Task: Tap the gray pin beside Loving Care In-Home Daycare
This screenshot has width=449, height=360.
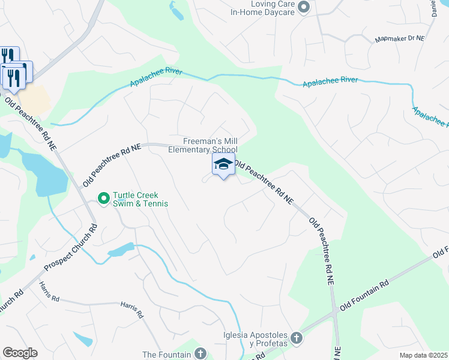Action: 304,7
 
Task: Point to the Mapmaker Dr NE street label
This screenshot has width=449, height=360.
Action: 399,38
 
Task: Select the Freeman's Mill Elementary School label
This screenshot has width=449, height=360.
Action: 203,145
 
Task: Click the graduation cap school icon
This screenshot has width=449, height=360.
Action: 223,164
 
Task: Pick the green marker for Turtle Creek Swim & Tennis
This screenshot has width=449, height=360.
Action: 103,197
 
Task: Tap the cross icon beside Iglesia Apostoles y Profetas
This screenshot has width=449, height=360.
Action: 295,339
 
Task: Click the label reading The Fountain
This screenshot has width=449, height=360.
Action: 166,355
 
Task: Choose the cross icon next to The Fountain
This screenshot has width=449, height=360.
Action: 200,354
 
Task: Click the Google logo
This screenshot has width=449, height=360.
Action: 20,353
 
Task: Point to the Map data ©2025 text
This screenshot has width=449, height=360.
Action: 423,355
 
